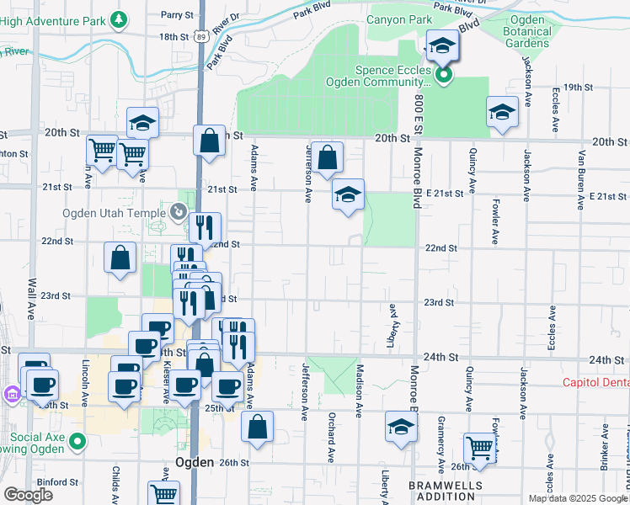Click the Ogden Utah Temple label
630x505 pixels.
point(114,213)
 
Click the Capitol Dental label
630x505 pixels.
point(596,382)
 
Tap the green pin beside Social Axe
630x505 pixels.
point(77,440)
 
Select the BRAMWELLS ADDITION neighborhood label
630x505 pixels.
point(446,492)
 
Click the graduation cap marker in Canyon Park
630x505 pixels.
point(440,46)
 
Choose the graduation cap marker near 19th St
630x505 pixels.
point(502,113)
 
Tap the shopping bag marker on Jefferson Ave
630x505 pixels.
point(328,157)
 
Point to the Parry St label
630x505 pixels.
point(178,15)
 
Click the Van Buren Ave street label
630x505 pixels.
point(580,178)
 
